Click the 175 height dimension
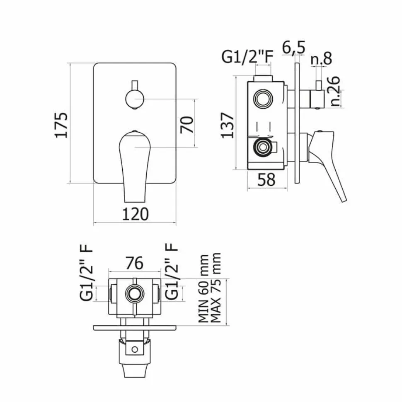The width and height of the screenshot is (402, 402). [61, 125]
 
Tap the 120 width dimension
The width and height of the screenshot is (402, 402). [135, 214]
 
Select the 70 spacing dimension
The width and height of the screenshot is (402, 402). [186, 125]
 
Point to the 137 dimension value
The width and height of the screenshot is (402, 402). [228, 125]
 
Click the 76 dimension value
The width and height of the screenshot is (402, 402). [135, 263]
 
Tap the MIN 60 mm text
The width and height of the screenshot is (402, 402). [204, 288]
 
